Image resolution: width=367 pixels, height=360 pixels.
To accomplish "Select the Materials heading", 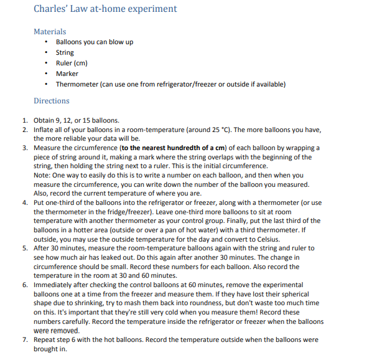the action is click(x=50, y=31).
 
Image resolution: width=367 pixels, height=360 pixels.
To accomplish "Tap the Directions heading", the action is click(x=52, y=101).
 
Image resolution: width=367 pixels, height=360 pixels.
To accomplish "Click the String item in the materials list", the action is click(x=65, y=53).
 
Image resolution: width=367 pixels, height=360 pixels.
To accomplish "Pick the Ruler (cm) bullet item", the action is click(x=72, y=64).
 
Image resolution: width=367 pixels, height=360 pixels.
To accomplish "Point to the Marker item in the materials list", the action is click(x=67, y=73).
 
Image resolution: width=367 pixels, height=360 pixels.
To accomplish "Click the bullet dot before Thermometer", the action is click(x=47, y=84).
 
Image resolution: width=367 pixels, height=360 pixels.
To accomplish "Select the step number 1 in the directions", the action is click(x=24, y=120).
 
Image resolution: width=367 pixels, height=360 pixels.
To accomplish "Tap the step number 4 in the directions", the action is click(x=24, y=203).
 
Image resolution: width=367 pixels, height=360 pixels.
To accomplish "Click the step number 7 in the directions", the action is click(x=24, y=340).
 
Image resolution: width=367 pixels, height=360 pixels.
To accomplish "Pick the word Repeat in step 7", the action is click(x=44, y=340).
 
